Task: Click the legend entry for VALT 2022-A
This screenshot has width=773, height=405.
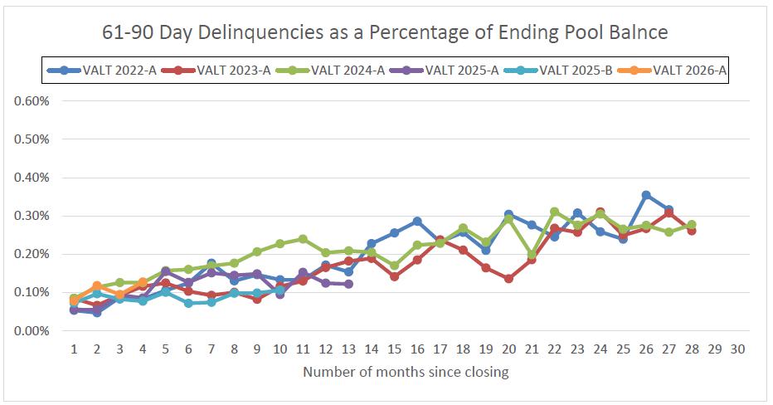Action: point(102,70)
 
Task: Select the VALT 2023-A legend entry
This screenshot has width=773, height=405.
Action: point(216,70)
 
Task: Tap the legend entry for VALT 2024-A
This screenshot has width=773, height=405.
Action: point(330,70)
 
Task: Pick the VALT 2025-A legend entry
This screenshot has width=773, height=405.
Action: point(445,70)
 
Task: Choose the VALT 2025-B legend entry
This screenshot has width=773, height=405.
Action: point(558,70)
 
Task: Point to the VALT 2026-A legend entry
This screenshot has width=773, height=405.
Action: point(672,70)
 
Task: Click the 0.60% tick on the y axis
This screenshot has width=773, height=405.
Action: point(32,101)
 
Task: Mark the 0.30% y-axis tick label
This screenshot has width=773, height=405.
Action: point(32,216)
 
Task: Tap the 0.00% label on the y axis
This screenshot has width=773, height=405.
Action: point(32,331)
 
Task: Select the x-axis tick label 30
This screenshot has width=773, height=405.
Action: point(737,349)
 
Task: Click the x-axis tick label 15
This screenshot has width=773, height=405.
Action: point(395,349)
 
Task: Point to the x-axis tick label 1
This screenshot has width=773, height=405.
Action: point(75,349)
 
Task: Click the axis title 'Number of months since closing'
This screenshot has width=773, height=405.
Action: point(406,372)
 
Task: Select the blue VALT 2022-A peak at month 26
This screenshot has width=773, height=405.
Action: point(646,195)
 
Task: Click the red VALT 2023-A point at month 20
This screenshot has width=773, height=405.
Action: point(508,279)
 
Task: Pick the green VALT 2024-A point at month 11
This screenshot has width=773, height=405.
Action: point(303,239)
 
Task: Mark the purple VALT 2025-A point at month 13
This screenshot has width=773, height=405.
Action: point(348,284)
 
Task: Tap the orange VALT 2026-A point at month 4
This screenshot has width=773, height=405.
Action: point(143,282)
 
